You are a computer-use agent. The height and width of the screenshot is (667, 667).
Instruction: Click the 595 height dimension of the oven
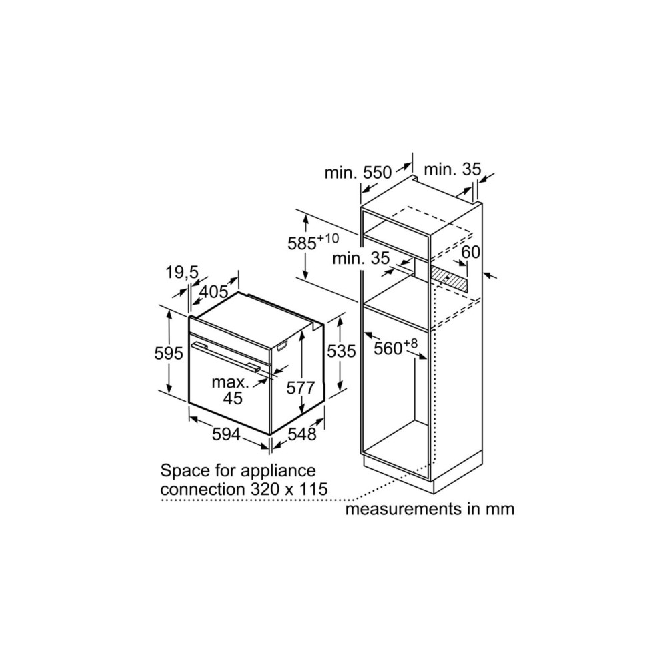point(169,353)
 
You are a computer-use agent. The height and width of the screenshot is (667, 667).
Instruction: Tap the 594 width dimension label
point(226,434)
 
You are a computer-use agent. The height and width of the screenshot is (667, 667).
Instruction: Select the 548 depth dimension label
point(302,434)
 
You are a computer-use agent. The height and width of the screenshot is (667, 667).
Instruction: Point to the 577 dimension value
point(301,388)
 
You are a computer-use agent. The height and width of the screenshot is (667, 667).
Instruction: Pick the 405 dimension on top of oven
point(214,292)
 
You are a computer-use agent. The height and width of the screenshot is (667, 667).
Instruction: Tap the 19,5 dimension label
point(182,272)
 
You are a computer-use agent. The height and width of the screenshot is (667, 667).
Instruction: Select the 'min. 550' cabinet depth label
point(358,173)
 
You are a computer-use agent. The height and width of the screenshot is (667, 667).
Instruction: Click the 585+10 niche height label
point(313,243)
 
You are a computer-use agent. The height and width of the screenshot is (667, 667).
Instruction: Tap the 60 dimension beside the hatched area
point(470,252)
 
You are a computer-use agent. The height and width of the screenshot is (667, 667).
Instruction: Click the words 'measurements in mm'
point(430,509)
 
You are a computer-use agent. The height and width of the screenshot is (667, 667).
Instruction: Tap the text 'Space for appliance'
point(238,470)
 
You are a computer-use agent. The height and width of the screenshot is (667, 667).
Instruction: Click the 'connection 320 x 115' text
point(244,489)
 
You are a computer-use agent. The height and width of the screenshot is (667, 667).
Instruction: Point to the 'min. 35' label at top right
point(452,169)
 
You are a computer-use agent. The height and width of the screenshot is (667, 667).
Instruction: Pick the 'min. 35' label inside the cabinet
point(361,258)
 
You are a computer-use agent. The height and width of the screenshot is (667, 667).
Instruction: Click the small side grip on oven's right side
point(282,346)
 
